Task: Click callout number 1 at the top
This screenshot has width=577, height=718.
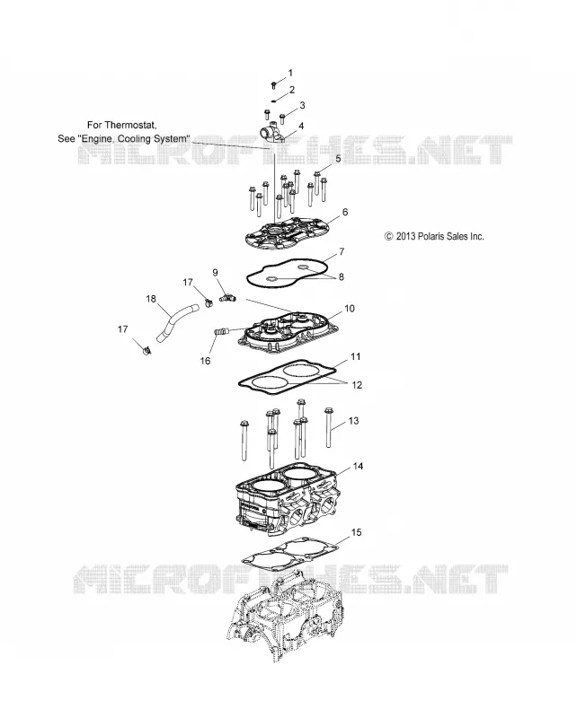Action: [x=290, y=73]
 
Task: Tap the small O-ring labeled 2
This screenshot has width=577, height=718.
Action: [x=273, y=101]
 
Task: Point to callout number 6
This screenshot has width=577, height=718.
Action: [x=345, y=212]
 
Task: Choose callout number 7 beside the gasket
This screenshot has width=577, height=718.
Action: [x=342, y=251]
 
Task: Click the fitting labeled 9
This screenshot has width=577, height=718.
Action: [x=228, y=298]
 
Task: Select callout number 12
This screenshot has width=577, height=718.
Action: [x=357, y=385]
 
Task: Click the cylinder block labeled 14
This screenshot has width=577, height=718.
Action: [x=287, y=502]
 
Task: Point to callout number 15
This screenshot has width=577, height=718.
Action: [x=356, y=532]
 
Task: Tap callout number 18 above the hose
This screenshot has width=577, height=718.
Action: [x=151, y=299]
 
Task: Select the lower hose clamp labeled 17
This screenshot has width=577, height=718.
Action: [x=146, y=351]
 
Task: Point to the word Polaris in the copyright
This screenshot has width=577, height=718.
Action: [x=433, y=236]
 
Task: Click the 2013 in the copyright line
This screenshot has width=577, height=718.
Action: [x=406, y=236]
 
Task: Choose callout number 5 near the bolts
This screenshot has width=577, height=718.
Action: [x=338, y=159]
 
